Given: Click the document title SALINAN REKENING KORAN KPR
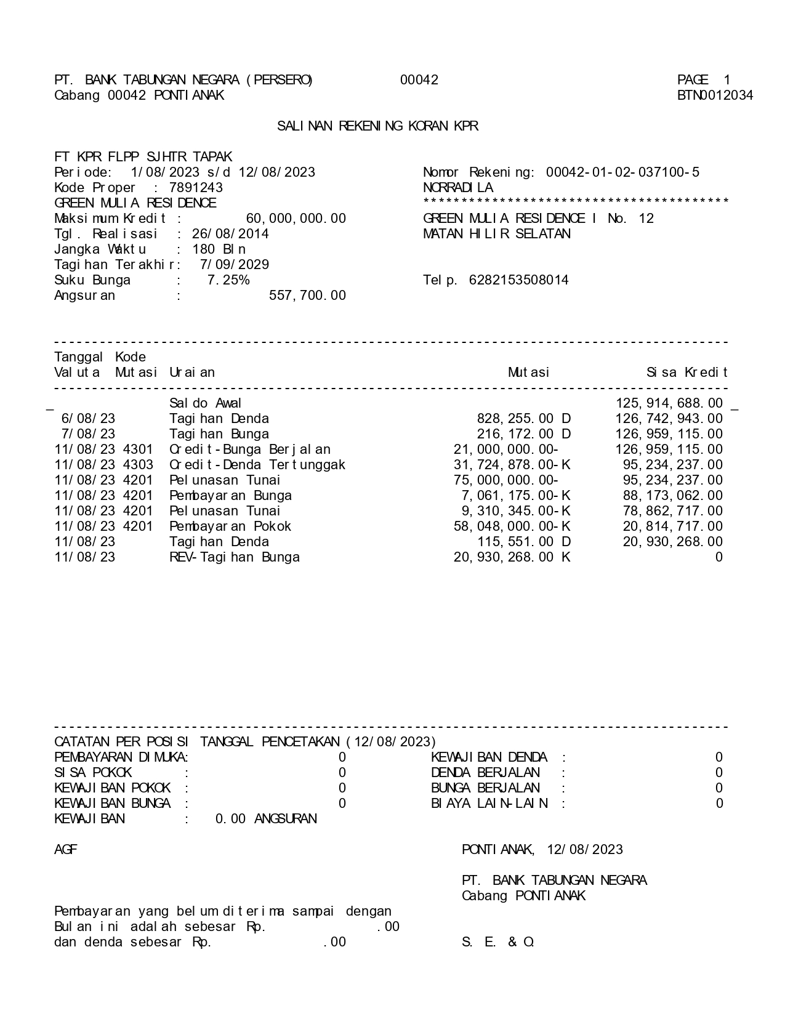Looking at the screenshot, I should (x=377, y=126).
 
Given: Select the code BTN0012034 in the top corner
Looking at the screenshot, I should (x=715, y=95).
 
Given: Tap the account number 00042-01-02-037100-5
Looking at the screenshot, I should (x=622, y=172).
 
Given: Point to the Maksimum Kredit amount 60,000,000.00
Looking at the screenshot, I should (x=296, y=219).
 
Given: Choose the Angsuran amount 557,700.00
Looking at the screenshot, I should (x=307, y=296).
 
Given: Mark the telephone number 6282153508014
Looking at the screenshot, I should (x=518, y=280).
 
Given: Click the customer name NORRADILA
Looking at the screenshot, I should (x=458, y=188).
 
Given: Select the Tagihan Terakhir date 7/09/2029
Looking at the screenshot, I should (x=234, y=265).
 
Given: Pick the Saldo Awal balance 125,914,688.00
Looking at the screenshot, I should (x=669, y=403).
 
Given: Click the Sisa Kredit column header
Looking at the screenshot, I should (x=686, y=373).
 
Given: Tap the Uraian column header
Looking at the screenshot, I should (x=192, y=373).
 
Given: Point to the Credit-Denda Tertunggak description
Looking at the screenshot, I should (x=257, y=465).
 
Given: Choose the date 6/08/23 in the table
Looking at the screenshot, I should (x=88, y=419).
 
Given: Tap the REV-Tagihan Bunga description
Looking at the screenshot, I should (x=235, y=557).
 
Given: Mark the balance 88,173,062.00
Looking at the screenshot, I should (x=673, y=496).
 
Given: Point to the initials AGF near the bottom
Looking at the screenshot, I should (x=66, y=850).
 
